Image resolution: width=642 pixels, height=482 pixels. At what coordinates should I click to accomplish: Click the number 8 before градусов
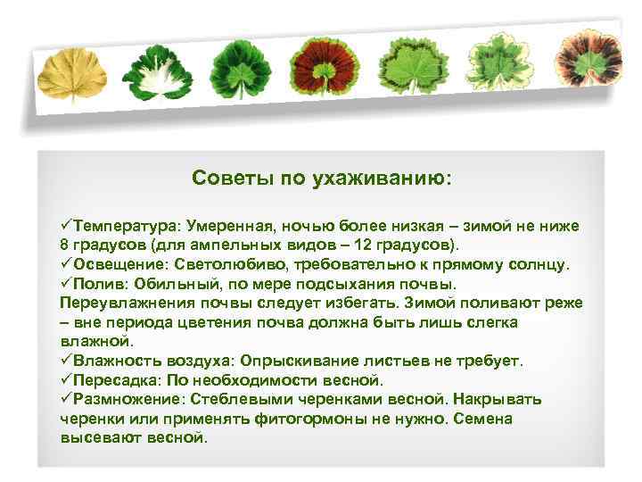click(65, 245)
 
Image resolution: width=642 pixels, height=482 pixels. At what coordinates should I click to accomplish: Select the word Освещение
click(117, 265)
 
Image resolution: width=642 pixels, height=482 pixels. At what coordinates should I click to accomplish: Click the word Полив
click(100, 284)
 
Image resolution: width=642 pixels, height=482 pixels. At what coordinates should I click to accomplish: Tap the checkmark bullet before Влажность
click(67, 361)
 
